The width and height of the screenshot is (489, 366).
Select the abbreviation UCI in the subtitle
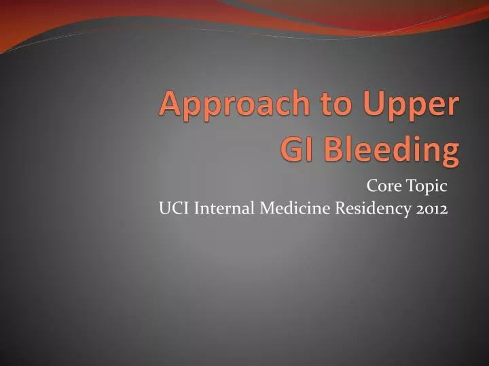point(175,209)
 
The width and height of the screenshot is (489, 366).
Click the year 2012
point(431,209)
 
